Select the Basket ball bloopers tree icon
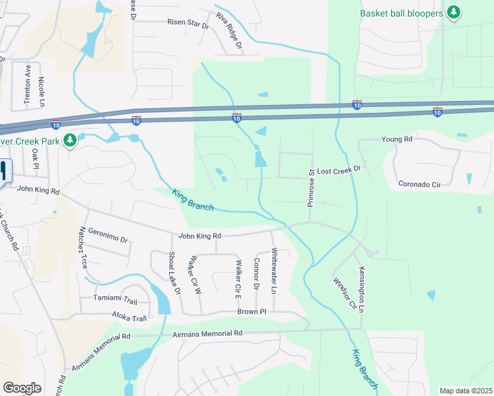[453, 13]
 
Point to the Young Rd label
[396, 139]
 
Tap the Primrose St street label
[310, 189]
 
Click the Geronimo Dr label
[106, 236]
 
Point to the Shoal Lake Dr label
[174, 272]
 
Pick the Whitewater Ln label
[273, 271]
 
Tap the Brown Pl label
[252, 311]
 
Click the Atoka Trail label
[129, 317]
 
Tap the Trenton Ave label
[28, 84]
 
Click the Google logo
[22, 388]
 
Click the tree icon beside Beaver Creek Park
[69, 140]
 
